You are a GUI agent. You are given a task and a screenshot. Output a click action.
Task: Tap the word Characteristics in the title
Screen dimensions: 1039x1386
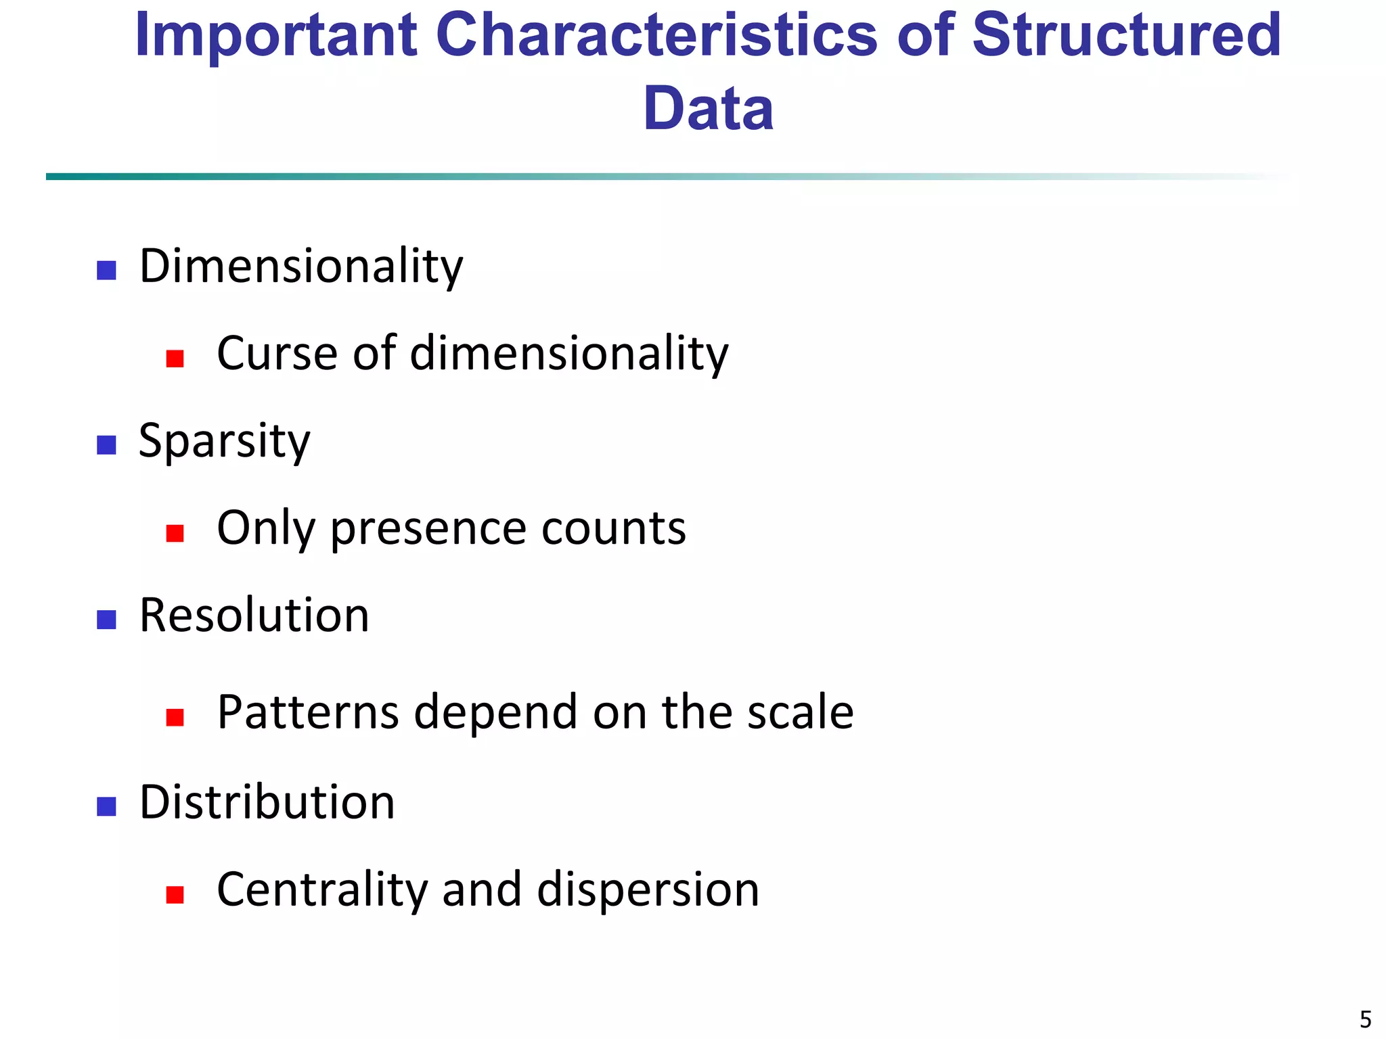656,36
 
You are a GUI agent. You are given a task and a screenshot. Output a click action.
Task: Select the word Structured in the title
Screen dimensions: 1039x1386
1126,36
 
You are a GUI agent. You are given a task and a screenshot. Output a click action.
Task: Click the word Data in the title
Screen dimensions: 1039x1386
708,109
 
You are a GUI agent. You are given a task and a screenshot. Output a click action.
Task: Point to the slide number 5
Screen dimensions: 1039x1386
1366,1019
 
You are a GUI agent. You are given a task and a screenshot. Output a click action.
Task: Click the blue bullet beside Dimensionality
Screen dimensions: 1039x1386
106,271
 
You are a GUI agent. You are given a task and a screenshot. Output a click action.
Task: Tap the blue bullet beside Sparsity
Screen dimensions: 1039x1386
106,445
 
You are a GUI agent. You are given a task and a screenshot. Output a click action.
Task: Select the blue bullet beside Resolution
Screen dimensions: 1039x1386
106,620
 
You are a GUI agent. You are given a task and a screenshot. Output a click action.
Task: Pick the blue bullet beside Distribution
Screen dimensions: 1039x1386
106,806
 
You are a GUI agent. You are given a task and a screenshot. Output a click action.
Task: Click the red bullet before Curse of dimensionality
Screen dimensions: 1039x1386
175,359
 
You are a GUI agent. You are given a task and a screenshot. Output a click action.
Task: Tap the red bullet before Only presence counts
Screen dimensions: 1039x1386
175,533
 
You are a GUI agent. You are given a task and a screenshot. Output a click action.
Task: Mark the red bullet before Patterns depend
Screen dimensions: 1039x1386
175,717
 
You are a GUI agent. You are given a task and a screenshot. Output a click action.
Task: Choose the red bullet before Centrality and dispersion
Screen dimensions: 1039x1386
175,895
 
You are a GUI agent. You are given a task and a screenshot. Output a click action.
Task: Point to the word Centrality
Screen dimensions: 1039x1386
322,890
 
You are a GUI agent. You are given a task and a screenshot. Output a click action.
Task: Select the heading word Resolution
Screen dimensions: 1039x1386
254,616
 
